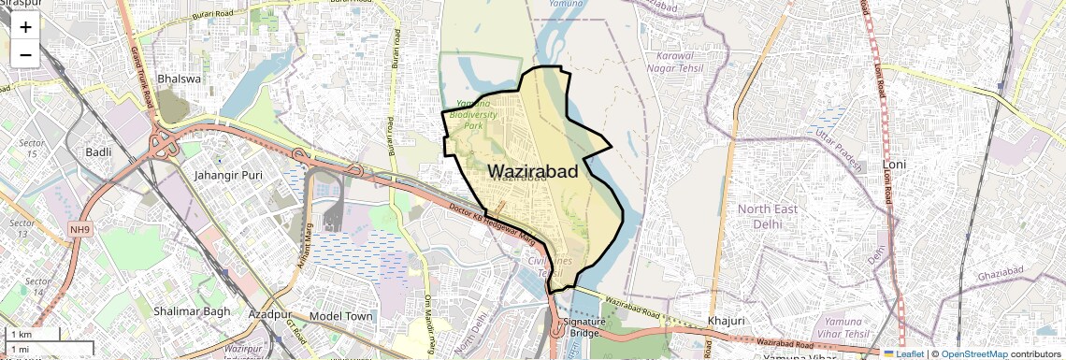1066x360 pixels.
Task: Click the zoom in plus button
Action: [25, 27]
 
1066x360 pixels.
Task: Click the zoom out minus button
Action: [25, 54]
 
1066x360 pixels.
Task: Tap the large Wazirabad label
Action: [532, 172]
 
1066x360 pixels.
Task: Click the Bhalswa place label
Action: [180, 79]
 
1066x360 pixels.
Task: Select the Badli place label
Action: [98, 152]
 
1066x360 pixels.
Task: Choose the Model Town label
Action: [340, 317]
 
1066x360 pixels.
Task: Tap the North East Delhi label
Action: [768, 216]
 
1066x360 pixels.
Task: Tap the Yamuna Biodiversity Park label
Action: [468, 113]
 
